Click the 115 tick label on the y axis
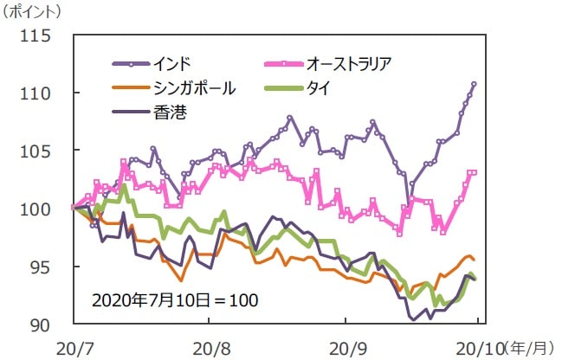36,37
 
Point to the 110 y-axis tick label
36,93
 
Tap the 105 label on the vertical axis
36,151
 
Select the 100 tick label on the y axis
36,209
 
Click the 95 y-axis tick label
40,267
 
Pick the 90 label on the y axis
40,325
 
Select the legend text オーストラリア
349,63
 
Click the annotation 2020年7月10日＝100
176,300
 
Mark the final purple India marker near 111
475,84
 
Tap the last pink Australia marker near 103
475,172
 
